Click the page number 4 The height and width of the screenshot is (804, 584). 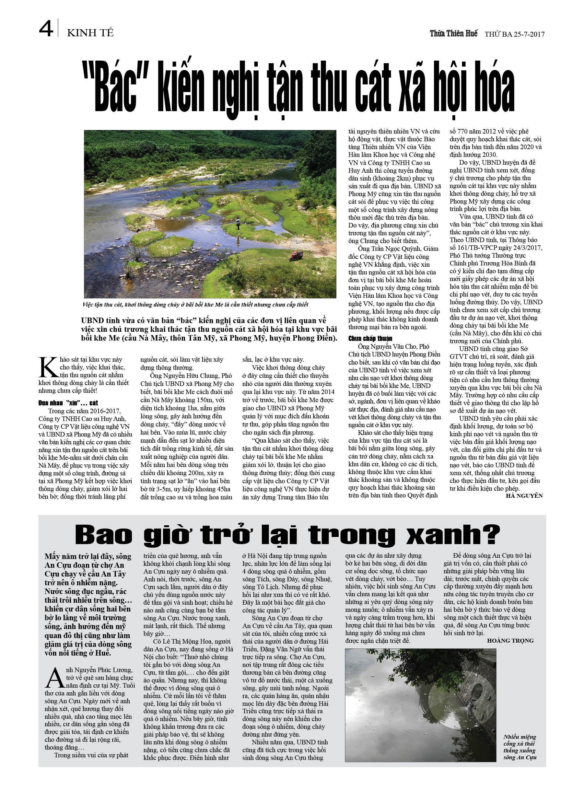click(x=46, y=29)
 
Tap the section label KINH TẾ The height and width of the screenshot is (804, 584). click(x=90, y=33)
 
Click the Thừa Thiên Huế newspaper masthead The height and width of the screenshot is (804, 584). click(x=453, y=34)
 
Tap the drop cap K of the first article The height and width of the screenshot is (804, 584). click(x=48, y=367)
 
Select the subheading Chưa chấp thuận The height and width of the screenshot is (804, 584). click(x=370, y=339)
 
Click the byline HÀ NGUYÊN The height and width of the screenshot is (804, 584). click(x=524, y=496)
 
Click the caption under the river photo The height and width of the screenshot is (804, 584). click(x=195, y=305)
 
